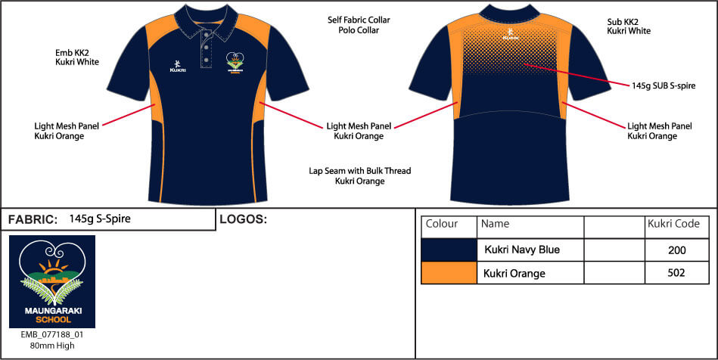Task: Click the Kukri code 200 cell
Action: pyautogui.click(x=677, y=250)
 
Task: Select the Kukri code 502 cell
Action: pyautogui.click(x=677, y=273)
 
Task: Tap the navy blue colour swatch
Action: pyautogui.click(x=449, y=250)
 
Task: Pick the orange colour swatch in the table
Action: pyautogui.click(x=449, y=273)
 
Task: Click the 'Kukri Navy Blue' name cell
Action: pyautogui.click(x=522, y=250)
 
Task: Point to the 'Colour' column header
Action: pyautogui.click(x=443, y=224)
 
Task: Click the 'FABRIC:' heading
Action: pyautogui.click(x=33, y=220)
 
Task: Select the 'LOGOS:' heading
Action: pyautogui.click(x=243, y=220)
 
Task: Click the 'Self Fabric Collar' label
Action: pyautogui.click(x=359, y=20)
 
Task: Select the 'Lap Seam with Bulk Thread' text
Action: pyautogui.click(x=359, y=171)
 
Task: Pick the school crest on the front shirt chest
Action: pyautogui.click(x=235, y=63)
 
